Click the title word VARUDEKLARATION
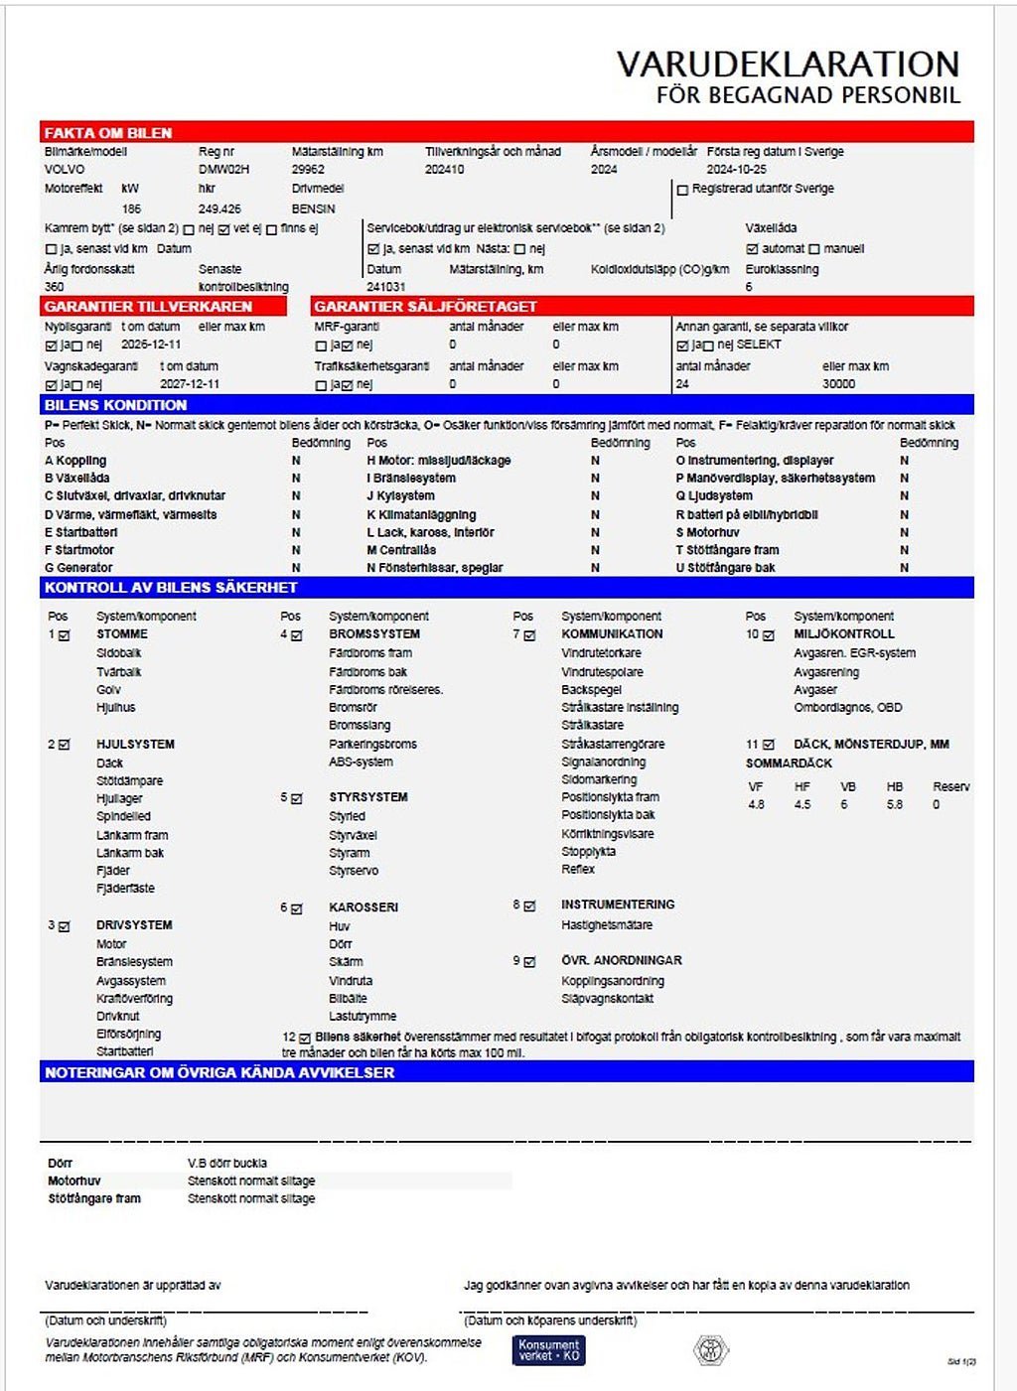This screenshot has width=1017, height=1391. pos(788,65)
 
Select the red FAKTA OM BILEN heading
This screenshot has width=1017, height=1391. pos(108,133)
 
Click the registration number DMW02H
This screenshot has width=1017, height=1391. pos(223,170)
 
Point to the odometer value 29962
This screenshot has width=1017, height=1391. pos(308,170)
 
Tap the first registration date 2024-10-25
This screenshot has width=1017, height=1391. pos(736,170)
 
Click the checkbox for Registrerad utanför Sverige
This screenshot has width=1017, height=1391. pos(682,190)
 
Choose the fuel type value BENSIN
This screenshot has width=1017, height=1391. pos(313,209)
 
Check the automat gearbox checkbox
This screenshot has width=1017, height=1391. pos(752,249)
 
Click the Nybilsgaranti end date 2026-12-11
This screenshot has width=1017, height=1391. pos(151,345)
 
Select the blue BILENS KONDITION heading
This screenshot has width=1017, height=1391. pos(115,405)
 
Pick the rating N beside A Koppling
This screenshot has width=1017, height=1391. pos(296,461)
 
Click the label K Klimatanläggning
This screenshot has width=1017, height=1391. pos(421,515)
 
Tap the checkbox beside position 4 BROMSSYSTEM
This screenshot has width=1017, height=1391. pos(297,635)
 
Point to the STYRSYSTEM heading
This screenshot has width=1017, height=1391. pos(368,797)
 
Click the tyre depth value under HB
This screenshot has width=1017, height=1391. pos(895,805)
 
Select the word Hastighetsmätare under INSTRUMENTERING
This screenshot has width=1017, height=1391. pos(607,925)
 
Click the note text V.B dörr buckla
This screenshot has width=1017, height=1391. pos(227,1163)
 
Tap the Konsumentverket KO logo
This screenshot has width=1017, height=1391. pos(549,1350)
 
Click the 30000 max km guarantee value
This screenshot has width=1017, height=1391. pos(838,384)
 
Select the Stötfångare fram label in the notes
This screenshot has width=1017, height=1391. pos(94,1199)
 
